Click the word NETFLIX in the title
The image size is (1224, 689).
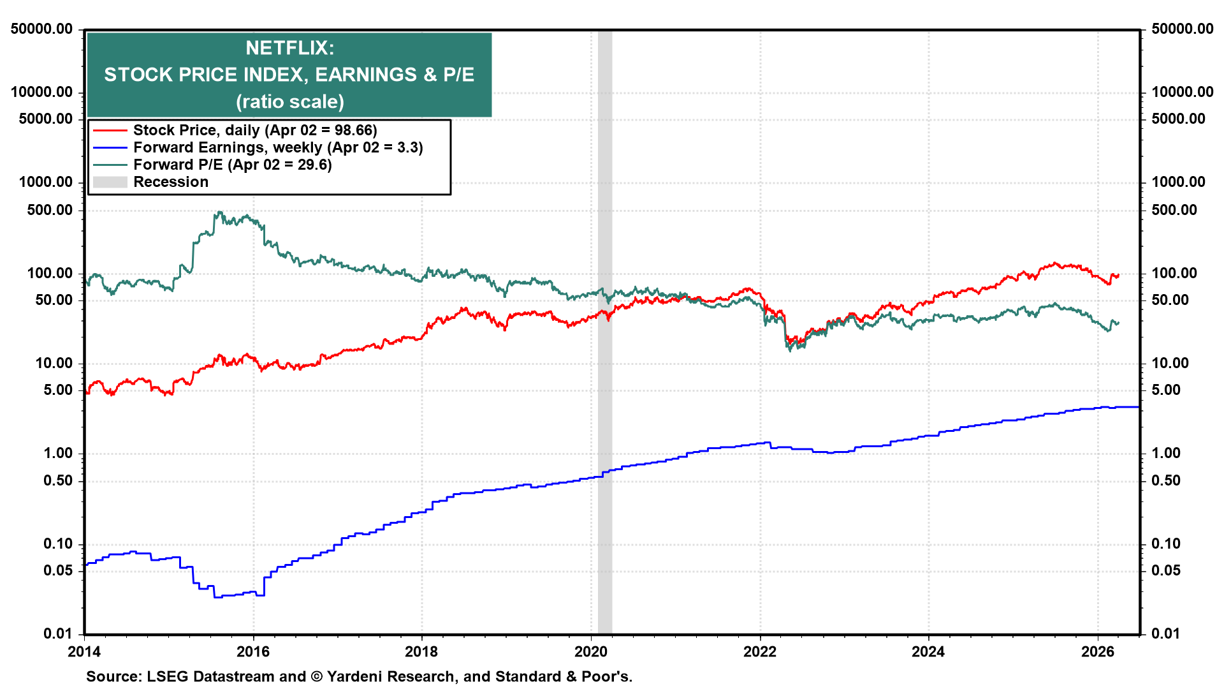[x=289, y=48]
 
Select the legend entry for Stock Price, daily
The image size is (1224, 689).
[x=255, y=130]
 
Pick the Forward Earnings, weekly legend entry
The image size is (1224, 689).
[x=277, y=147]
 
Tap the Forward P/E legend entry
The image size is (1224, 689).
[x=232, y=165]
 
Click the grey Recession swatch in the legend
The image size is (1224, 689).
[x=110, y=182]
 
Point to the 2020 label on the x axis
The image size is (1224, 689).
[x=591, y=652]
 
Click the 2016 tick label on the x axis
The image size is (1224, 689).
[x=253, y=652]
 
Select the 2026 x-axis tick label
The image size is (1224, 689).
[x=1097, y=652]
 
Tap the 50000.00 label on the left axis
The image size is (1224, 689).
[x=41, y=29]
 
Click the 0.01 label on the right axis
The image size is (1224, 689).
[x=1165, y=633]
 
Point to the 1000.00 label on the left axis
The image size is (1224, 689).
[x=46, y=182]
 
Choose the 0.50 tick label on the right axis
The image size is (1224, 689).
[x=1165, y=480]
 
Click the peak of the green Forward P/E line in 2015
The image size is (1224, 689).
[x=219, y=212]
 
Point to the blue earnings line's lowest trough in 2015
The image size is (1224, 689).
[x=217, y=596]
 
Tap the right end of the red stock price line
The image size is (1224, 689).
[x=1118, y=276]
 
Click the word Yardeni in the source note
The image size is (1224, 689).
[x=355, y=677]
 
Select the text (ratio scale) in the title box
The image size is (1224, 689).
[x=289, y=102]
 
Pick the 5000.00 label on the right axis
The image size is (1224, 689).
[x=1178, y=119]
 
